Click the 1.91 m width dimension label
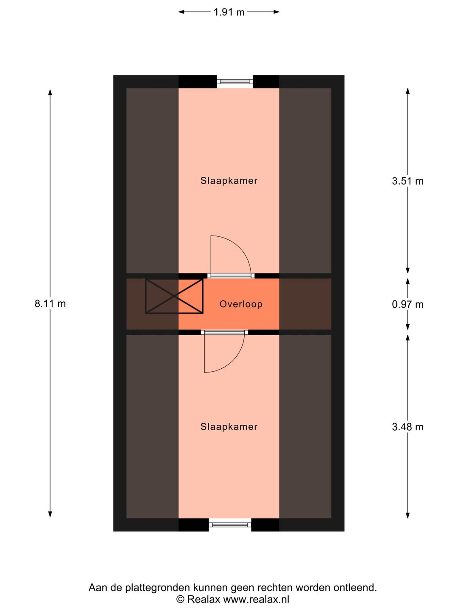pos(229,12)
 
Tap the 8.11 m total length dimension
pos(50,303)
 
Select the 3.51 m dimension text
pos(408,181)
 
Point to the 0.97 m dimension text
pos(408,305)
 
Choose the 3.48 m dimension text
pos(408,427)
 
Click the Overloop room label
pos(241,304)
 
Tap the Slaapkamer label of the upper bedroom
pos(229,181)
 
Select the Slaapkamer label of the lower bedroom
pos(229,427)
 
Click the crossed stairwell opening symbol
pos(174,296)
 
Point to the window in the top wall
pos(235,81)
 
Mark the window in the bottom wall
pos(230,525)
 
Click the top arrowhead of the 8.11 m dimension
pos(50,92)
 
